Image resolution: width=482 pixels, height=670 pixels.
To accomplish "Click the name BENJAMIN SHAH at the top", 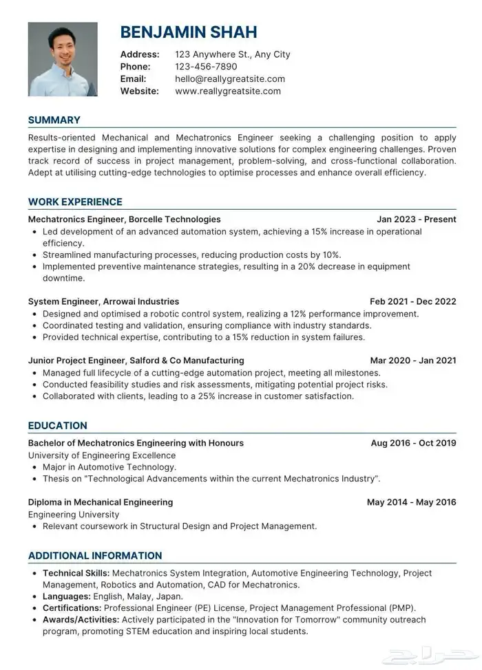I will [x=189, y=32].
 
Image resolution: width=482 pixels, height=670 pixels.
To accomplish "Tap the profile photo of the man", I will [x=63, y=59].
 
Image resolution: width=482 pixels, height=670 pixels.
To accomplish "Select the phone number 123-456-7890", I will [x=206, y=67].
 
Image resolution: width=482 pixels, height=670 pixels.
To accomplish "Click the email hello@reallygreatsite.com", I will [x=230, y=79].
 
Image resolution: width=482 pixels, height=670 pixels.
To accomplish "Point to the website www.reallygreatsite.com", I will [x=228, y=91].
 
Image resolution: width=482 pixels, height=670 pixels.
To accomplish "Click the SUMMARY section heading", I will [x=54, y=120].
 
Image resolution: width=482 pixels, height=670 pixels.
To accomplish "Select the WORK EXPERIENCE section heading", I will [x=75, y=202].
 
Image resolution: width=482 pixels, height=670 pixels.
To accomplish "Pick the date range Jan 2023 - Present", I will [x=417, y=219].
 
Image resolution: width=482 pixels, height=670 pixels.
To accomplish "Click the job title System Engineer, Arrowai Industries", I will [x=103, y=301].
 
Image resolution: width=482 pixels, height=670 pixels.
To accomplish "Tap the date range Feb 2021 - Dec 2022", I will [x=413, y=301].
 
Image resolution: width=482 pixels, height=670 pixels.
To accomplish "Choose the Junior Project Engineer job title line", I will [x=136, y=360].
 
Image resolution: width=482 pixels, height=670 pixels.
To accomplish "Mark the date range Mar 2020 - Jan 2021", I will [x=413, y=360].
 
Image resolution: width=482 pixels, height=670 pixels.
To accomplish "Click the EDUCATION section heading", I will [x=58, y=426].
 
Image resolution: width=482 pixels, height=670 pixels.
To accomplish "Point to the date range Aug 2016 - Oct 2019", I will [x=413, y=443].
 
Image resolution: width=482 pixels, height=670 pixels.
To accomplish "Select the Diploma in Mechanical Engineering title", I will [x=101, y=502].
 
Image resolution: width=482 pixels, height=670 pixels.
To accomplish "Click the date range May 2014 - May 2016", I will [x=412, y=502].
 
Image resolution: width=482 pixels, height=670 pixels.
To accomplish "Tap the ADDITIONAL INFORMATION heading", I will [x=95, y=556].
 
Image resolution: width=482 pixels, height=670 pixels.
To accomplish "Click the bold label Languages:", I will [x=67, y=596].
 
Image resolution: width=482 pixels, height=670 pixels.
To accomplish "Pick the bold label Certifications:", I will [x=72, y=608].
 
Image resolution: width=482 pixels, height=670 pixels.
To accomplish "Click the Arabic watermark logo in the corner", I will [x=447, y=653].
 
